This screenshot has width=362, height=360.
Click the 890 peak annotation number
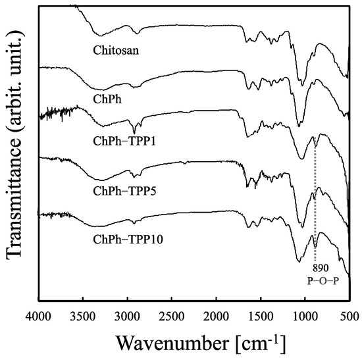tap(320, 269)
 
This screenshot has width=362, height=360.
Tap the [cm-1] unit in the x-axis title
tap(257, 341)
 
